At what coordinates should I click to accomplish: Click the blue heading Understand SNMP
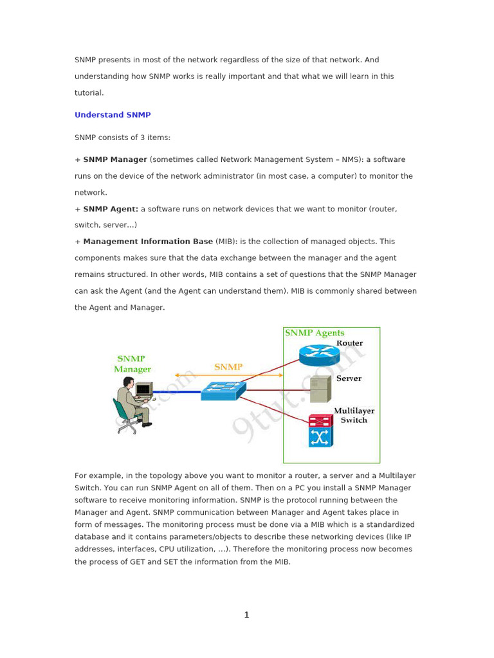click(113, 115)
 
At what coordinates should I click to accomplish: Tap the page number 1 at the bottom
click(246, 615)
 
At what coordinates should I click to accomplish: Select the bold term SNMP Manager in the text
click(115, 159)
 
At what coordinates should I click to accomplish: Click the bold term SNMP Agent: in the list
click(111, 209)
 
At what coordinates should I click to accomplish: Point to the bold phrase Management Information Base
click(148, 242)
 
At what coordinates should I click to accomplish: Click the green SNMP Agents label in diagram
click(315, 333)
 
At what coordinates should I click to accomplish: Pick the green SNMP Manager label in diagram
click(132, 364)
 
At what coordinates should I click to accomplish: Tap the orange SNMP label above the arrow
click(228, 367)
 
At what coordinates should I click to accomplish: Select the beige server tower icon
click(320, 389)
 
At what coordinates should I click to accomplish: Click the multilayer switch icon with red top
click(320, 431)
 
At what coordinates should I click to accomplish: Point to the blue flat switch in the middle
click(223, 390)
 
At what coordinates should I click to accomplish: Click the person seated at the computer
click(134, 404)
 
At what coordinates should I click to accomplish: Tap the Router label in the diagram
click(349, 343)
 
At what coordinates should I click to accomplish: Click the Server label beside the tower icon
click(349, 378)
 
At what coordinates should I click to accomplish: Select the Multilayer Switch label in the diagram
click(354, 415)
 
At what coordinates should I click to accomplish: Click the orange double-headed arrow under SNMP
click(228, 375)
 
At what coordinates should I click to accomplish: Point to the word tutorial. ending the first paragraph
click(89, 93)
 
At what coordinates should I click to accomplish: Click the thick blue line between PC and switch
click(177, 391)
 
